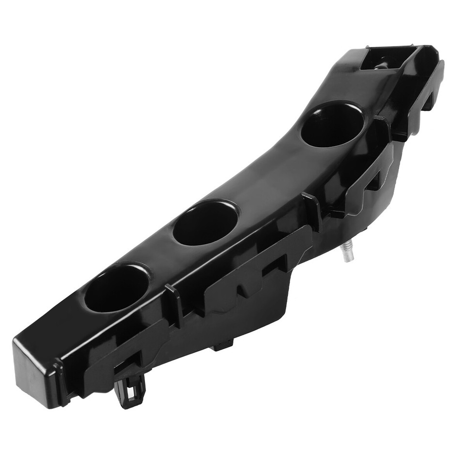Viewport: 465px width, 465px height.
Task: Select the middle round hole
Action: coord(205,222)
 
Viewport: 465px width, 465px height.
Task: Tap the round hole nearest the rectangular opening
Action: coord(332,124)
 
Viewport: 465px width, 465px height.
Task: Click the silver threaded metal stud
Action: coord(346,252)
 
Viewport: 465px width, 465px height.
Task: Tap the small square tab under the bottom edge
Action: coord(222,345)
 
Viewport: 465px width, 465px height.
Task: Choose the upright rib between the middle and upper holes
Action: coord(312,211)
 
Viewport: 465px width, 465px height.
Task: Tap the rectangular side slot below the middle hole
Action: coord(274,265)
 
